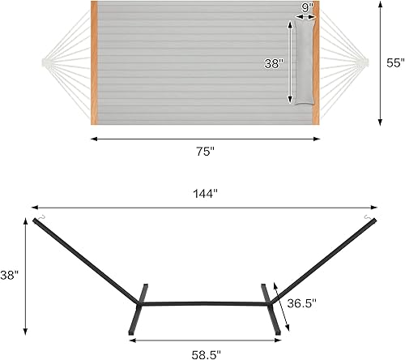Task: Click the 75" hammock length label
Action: [x=203, y=151]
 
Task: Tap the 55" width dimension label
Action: [x=394, y=63]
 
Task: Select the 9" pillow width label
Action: [x=306, y=8]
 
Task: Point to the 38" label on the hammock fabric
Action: [x=275, y=62]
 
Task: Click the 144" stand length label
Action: [x=204, y=194]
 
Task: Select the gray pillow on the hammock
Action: [x=305, y=62]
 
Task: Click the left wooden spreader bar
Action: [x=94, y=61]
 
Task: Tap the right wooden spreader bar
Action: [x=316, y=61]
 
